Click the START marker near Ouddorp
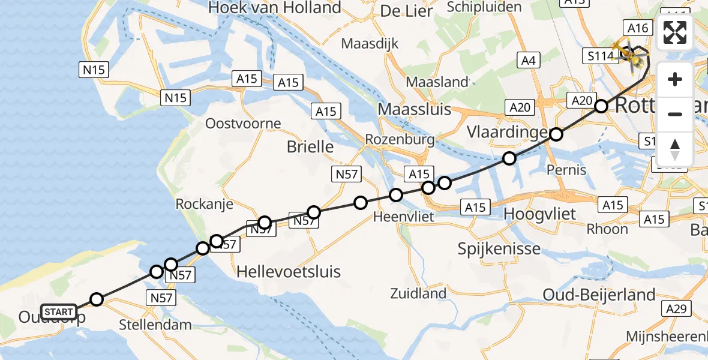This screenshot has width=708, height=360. click(59, 312)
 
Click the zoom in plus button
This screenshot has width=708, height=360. click(675, 79)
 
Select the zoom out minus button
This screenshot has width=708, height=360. click(675, 114)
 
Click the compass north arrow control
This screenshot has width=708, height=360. click(675, 149)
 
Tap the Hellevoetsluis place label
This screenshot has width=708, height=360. click(289, 272)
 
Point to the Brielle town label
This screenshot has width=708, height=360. click(310, 147)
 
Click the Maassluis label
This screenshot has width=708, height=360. click(414, 109)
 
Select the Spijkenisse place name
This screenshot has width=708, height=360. click(499, 248)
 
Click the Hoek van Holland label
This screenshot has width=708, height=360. click(274, 8)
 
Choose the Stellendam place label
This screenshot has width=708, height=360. click(155, 325)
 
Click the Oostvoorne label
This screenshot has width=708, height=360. click(242, 124)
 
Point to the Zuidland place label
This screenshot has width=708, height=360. click(418, 293)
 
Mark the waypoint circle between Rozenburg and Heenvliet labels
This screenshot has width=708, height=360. click(396, 195)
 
